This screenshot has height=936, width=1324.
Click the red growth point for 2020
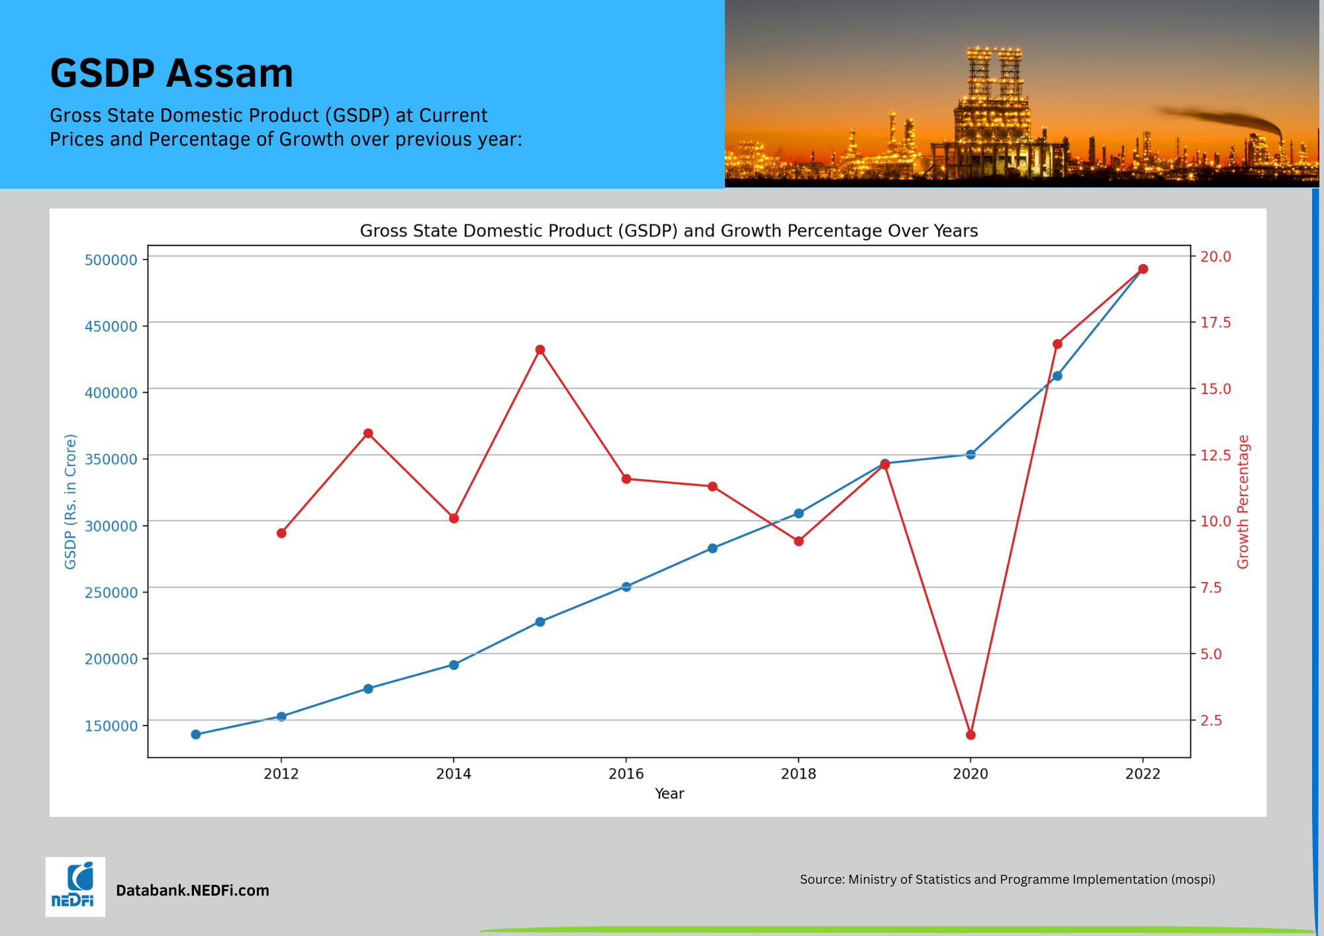tap(970, 735)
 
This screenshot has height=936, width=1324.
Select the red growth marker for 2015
tap(540, 350)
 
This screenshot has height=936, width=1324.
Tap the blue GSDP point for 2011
tap(196, 734)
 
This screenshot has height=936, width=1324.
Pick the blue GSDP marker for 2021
tap(1057, 376)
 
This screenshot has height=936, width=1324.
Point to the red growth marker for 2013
tap(368, 434)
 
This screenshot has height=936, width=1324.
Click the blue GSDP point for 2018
tap(799, 513)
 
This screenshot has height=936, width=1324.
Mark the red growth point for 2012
tap(281, 533)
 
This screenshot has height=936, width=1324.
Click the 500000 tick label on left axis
tap(111, 260)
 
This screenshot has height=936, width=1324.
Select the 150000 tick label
tap(111, 726)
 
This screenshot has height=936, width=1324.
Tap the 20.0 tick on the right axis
tap(1215, 256)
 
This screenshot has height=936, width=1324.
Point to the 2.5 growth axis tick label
tap(1211, 720)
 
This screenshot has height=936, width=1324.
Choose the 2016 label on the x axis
tap(626, 774)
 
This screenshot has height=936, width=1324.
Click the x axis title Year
tap(669, 794)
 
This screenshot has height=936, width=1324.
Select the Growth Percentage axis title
tap(1243, 501)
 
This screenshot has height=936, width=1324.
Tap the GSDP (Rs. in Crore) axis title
tap(71, 501)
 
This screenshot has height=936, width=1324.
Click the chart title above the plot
tap(669, 231)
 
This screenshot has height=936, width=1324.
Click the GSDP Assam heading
tap(171, 73)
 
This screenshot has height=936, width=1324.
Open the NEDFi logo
tap(75, 887)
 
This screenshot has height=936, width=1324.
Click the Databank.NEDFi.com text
tap(193, 890)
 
